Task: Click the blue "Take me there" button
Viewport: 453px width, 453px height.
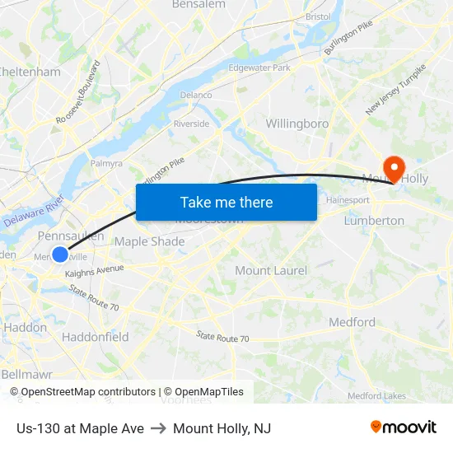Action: click(x=226, y=202)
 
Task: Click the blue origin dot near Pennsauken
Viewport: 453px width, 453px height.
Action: click(x=60, y=255)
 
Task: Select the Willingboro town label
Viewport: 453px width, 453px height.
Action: click(x=297, y=124)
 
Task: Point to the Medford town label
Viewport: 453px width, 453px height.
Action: click(x=352, y=322)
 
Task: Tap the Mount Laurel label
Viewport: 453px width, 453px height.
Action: click(x=271, y=270)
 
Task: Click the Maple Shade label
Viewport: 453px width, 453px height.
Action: click(x=149, y=241)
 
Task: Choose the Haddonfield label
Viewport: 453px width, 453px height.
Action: click(x=95, y=337)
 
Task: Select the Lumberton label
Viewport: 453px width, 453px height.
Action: click(x=374, y=221)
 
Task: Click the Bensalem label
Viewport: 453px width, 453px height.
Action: click(x=198, y=4)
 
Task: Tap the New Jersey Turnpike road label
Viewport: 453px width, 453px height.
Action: click(x=396, y=89)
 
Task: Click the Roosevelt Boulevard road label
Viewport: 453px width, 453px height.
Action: click(x=78, y=92)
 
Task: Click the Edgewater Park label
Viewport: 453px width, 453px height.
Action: click(x=259, y=68)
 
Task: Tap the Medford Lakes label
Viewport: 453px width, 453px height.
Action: click(x=376, y=396)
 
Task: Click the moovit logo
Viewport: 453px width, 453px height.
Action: click(x=404, y=427)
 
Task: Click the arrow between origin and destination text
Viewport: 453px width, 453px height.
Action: click(x=158, y=428)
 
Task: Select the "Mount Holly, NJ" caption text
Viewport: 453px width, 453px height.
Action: click(x=222, y=428)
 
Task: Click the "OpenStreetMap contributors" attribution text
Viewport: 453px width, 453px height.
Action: click(x=82, y=392)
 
